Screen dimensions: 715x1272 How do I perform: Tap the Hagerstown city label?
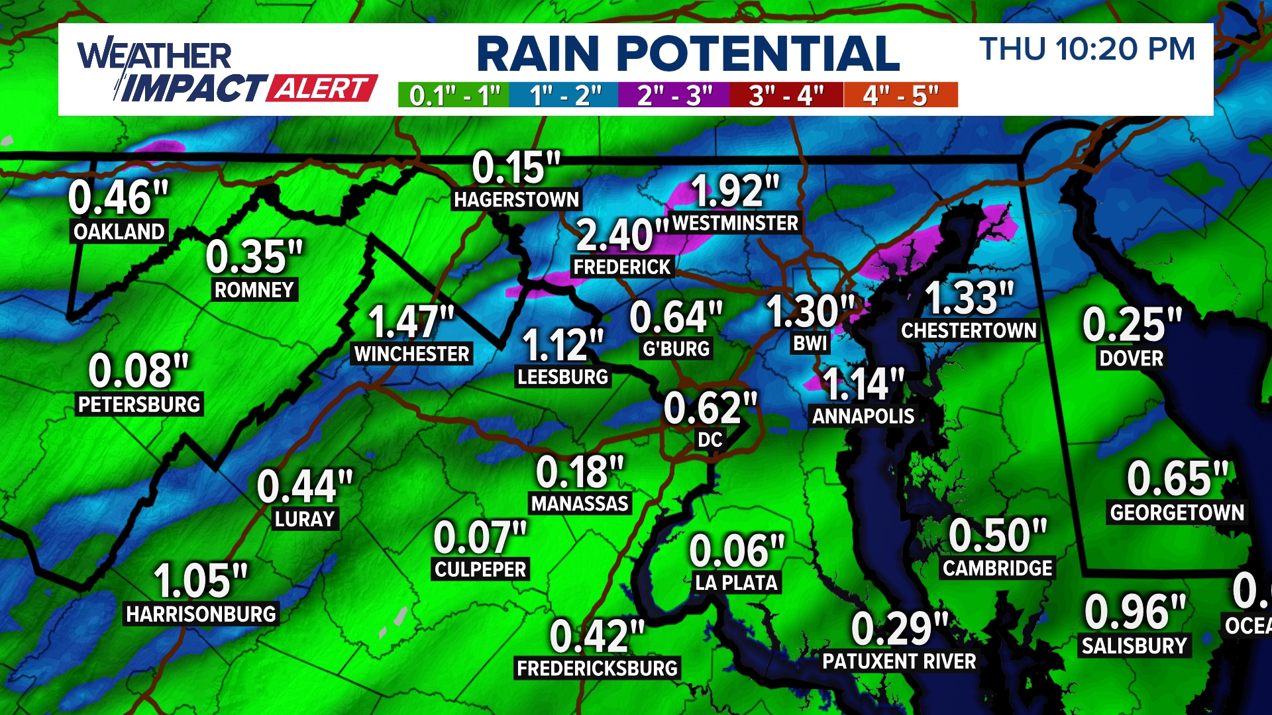coord(516,199)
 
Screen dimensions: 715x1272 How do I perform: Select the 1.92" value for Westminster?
coord(735,191)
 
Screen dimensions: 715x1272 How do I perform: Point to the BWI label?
coord(810,344)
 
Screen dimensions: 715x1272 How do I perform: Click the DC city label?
coord(710,440)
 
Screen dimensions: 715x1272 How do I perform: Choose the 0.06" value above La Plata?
coord(736,551)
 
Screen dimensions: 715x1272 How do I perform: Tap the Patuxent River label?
coord(899,661)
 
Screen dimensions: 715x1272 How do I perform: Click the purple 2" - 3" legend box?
coord(674,95)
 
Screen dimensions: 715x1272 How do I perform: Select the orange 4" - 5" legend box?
coord(901,95)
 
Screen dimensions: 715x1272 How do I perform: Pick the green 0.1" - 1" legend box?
coord(454,95)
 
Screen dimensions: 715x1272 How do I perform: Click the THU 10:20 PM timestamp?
coord(1087,50)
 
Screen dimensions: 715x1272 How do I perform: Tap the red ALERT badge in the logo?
coord(322,88)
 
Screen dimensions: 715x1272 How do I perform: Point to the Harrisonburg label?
coord(201,614)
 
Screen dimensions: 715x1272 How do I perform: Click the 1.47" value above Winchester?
coord(411,322)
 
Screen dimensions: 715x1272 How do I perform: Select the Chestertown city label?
coord(969,330)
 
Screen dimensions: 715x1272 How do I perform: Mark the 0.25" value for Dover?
coord(1132,324)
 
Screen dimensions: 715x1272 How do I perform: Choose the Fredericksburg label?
coord(597,668)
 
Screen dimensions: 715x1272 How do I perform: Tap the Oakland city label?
coord(119,232)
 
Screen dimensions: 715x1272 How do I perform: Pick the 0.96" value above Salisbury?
coord(1134,612)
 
